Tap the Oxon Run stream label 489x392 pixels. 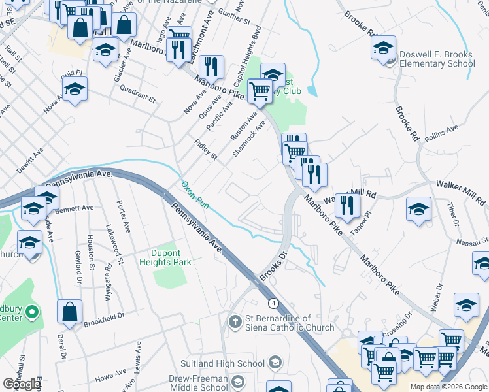pyautogui.click(x=194, y=195)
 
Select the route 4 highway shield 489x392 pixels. pyautogui.click(x=273, y=303)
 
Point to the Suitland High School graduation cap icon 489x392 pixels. pyautogui.click(x=275, y=363)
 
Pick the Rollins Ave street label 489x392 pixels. pyautogui.click(x=441, y=133)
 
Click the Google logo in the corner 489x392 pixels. pyautogui.click(x=22, y=384)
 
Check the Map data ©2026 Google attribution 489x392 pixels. pyautogui.click(x=448, y=387)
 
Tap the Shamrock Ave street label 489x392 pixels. pyautogui.click(x=249, y=139)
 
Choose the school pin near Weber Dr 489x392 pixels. pyautogui.click(x=466, y=305)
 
